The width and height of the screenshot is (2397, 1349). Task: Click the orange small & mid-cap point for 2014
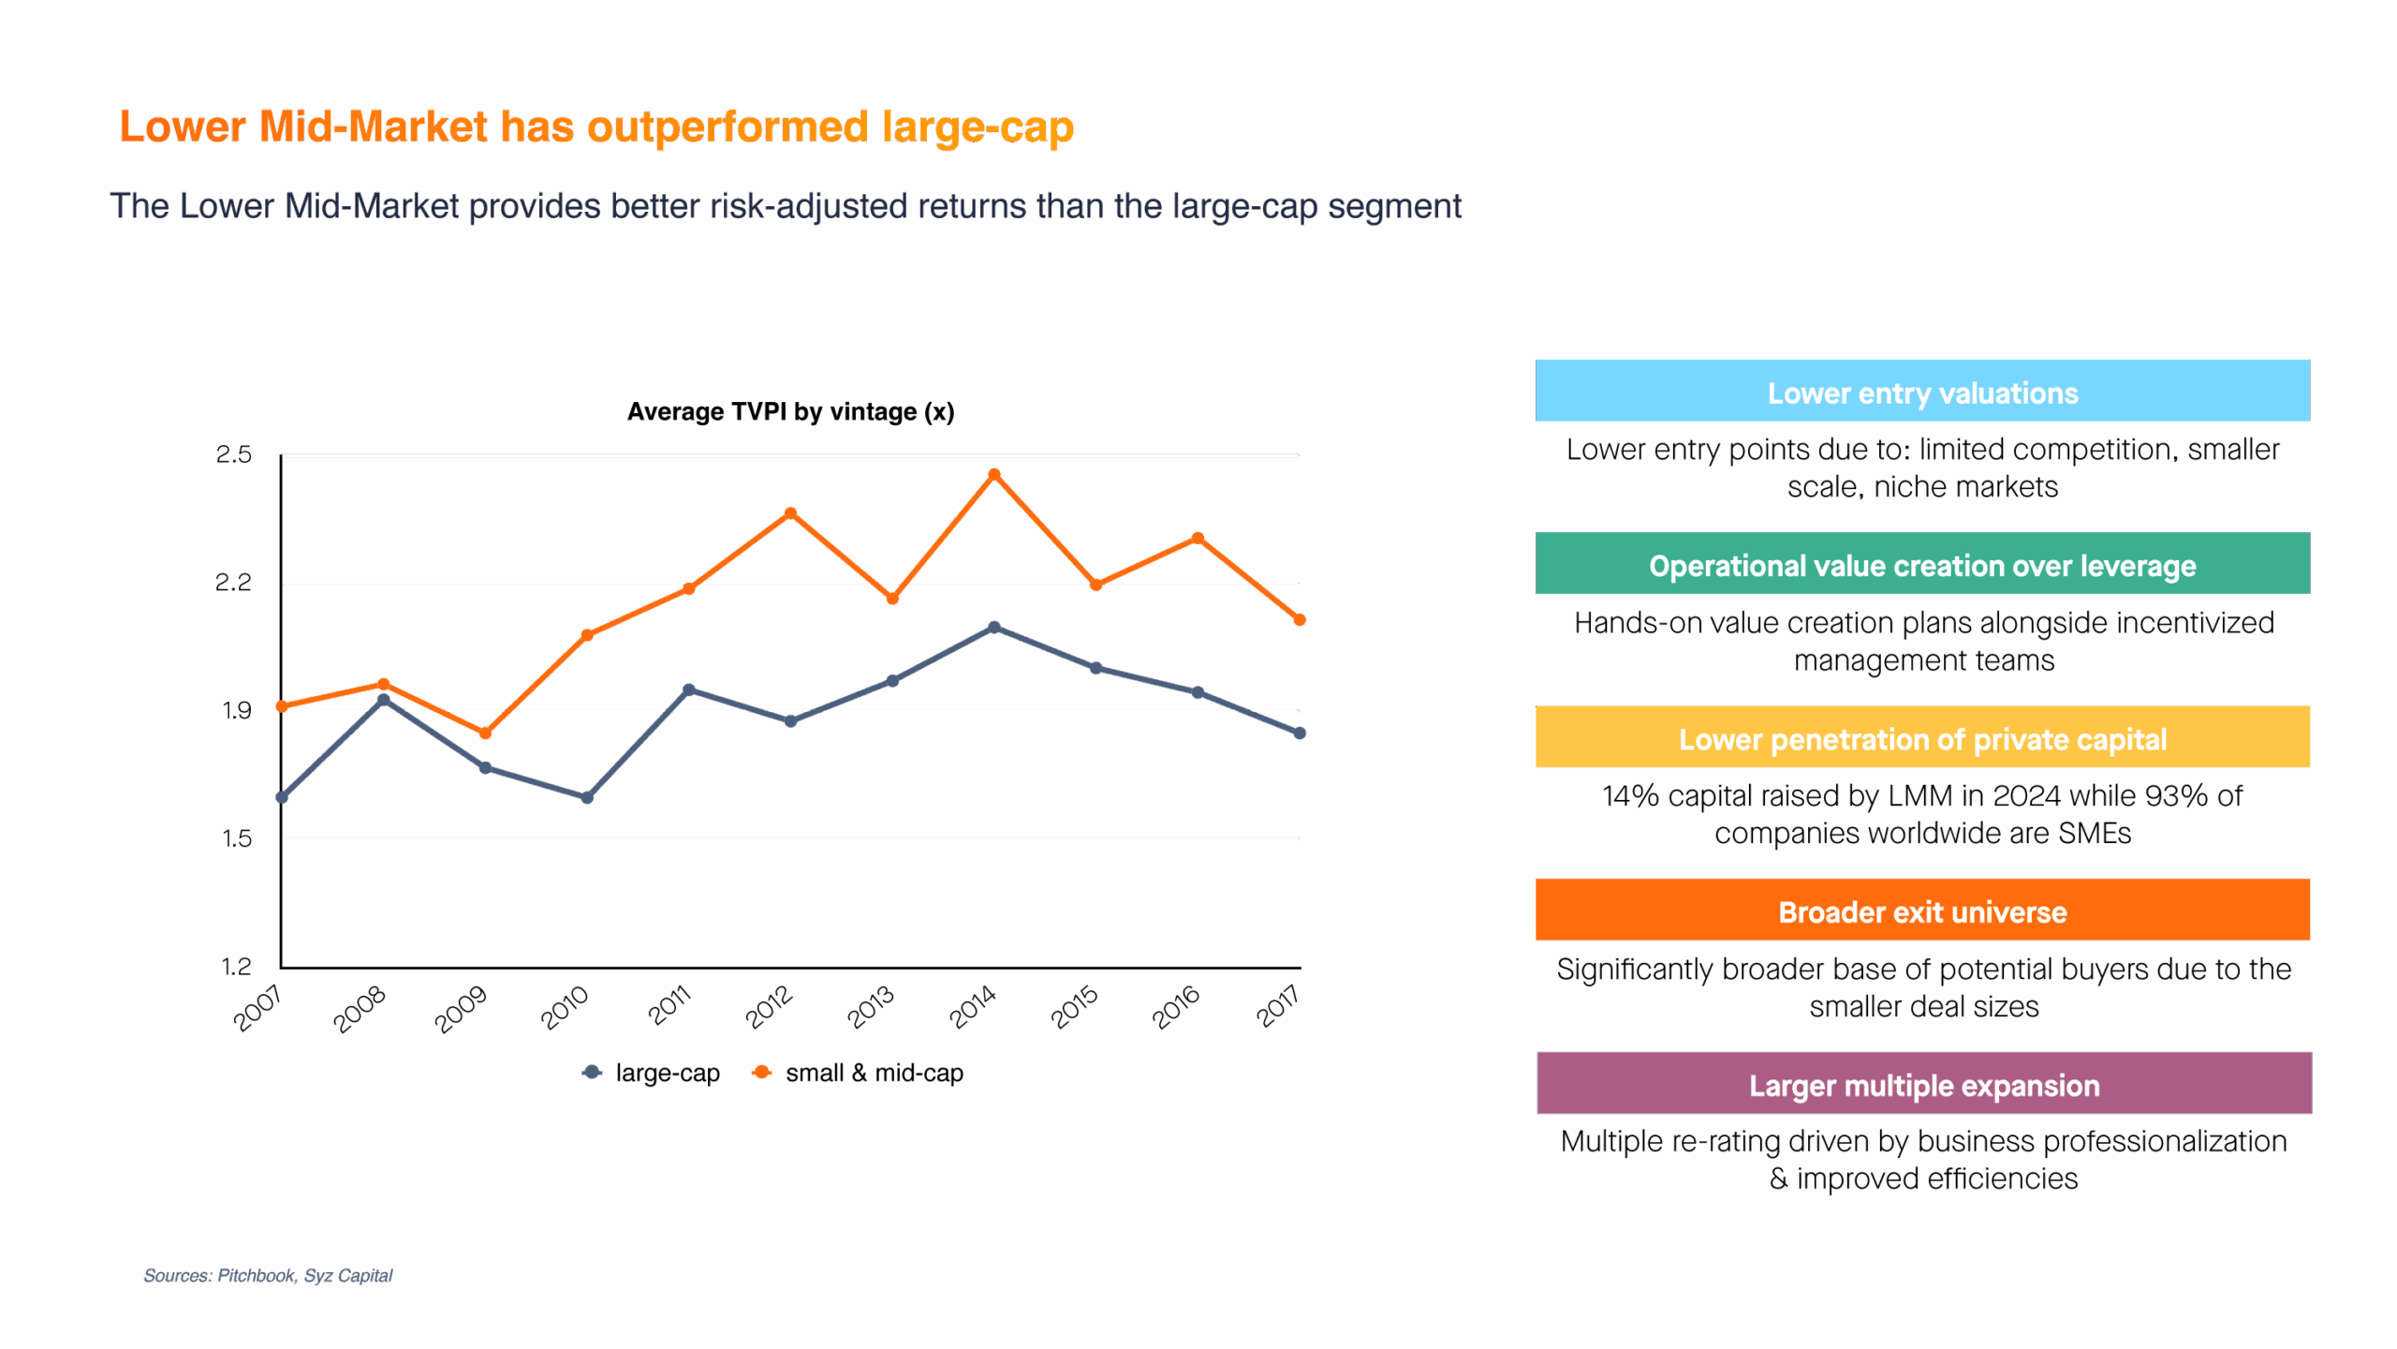pyautogui.click(x=994, y=475)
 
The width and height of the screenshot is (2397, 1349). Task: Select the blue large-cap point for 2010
pyautogui.click(x=587, y=797)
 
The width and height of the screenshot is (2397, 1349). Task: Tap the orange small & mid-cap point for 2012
pyautogui.click(x=791, y=513)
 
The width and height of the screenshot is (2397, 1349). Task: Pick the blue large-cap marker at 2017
pyautogui.click(x=1300, y=733)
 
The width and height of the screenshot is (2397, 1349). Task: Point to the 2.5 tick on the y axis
pyautogui.click(x=234, y=455)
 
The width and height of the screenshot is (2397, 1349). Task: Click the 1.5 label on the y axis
pyautogui.click(x=236, y=839)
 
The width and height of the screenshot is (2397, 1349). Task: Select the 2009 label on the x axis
pyautogui.click(x=461, y=1009)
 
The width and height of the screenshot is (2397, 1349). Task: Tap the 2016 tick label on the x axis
pyautogui.click(x=1176, y=1009)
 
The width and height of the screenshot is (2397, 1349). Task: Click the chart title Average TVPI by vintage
pyautogui.click(x=790, y=412)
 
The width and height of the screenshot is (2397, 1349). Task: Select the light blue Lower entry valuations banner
pyautogui.click(x=1922, y=392)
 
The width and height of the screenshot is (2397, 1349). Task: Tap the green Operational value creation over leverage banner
pyautogui.click(x=1922, y=565)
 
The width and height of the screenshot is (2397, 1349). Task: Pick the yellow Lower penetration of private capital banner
pyautogui.click(x=1922, y=738)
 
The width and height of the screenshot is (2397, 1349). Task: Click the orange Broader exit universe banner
pyautogui.click(x=1922, y=911)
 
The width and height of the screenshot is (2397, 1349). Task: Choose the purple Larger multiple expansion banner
pyautogui.click(x=1923, y=1084)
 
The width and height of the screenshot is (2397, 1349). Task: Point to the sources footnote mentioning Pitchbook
pyautogui.click(x=268, y=1276)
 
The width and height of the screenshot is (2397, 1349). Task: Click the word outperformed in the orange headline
pyautogui.click(x=728, y=127)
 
